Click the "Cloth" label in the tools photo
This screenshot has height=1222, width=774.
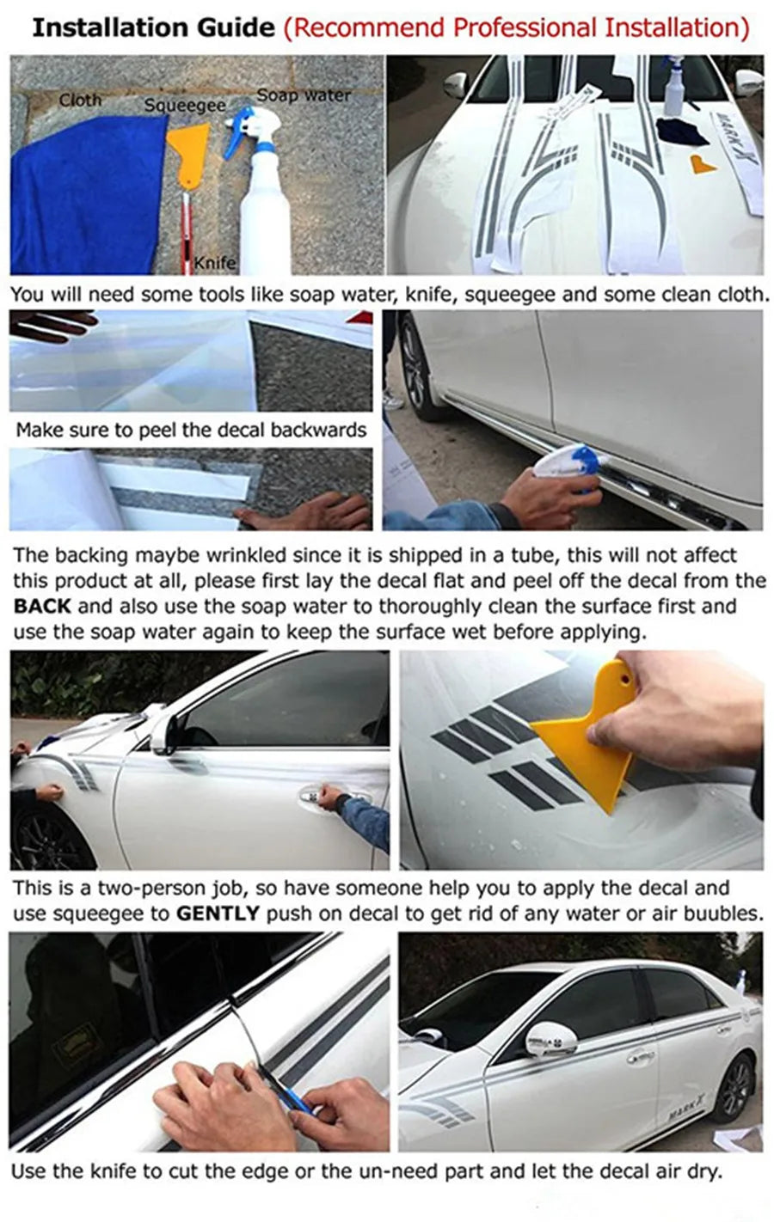tap(80, 100)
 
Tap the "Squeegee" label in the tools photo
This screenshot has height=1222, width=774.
tap(185, 105)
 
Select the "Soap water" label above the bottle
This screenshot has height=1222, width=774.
tap(304, 95)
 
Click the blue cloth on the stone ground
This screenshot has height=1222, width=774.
tap(88, 197)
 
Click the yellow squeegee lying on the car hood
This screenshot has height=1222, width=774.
tap(703, 164)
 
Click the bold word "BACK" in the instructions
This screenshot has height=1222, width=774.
tap(42, 606)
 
